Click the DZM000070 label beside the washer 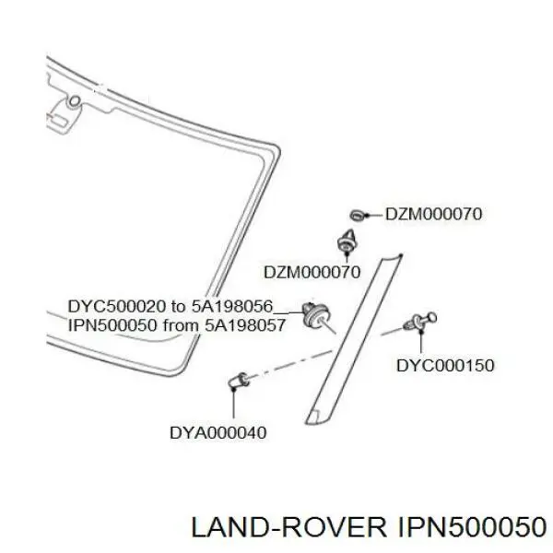point(433,214)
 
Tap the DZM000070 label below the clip point(312,272)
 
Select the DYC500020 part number point(116,306)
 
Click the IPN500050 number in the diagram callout point(112,324)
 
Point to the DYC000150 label point(445,365)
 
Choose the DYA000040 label point(218,433)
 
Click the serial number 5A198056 point(232,306)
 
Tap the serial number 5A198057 point(245,324)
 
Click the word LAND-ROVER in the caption point(288,527)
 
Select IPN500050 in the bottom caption point(472,527)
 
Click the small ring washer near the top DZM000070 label point(358,215)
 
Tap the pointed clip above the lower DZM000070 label point(346,240)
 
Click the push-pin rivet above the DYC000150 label point(419,322)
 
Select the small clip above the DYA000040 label point(239,380)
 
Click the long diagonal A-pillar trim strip point(353,339)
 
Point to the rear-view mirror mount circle point(74,101)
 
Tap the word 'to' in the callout point(179,307)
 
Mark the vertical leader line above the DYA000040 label point(233,404)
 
